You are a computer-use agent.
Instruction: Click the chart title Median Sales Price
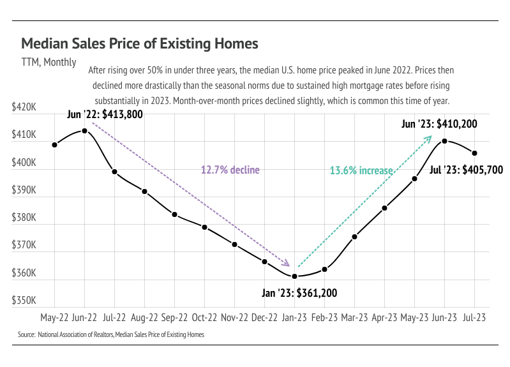pyautogui.click(x=139, y=43)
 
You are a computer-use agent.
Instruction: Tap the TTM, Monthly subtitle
pyautogui.click(x=49, y=63)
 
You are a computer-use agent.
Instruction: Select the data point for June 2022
pyautogui.click(x=84, y=131)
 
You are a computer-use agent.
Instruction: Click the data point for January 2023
pyautogui.click(x=294, y=276)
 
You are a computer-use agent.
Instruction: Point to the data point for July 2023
pyautogui.click(x=474, y=153)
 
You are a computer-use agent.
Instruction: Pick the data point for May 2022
pyautogui.click(x=54, y=145)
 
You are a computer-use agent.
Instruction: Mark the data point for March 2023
pyautogui.click(x=354, y=237)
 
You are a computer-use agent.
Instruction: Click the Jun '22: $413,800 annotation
pyautogui.click(x=105, y=115)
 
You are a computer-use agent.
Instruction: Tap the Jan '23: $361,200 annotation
pyautogui.click(x=299, y=294)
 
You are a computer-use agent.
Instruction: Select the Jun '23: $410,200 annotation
pyautogui.click(x=439, y=124)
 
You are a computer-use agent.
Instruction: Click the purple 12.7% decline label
pyautogui.click(x=230, y=170)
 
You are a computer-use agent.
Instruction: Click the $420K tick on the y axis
pyautogui.click(x=24, y=108)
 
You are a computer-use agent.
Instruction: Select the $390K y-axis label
pyautogui.click(x=24, y=190)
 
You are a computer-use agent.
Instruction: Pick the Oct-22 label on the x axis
pyautogui.click(x=204, y=317)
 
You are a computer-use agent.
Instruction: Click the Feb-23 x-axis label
pyautogui.click(x=324, y=317)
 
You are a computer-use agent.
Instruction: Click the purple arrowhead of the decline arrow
pyautogui.click(x=288, y=264)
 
